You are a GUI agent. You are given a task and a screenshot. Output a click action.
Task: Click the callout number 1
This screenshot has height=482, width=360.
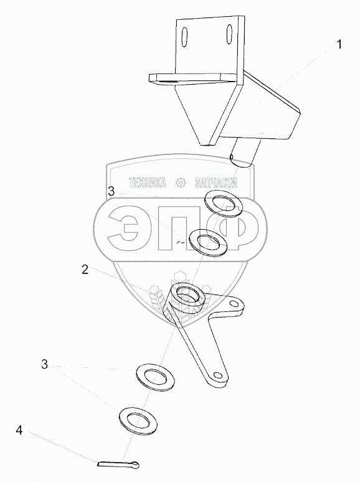click(339, 45)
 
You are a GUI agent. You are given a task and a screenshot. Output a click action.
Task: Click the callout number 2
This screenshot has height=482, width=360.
click(85, 270)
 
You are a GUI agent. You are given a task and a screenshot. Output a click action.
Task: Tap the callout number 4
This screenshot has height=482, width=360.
click(19, 430)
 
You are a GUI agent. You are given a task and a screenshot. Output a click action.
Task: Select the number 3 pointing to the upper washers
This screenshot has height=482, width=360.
click(111, 191)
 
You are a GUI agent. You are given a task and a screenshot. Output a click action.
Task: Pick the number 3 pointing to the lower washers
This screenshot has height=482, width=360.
click(45, 364)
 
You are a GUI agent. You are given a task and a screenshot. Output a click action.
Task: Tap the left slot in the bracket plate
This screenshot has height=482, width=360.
click(184, 37)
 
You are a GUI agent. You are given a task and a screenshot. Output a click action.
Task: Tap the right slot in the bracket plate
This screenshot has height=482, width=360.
click(229, 34)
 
